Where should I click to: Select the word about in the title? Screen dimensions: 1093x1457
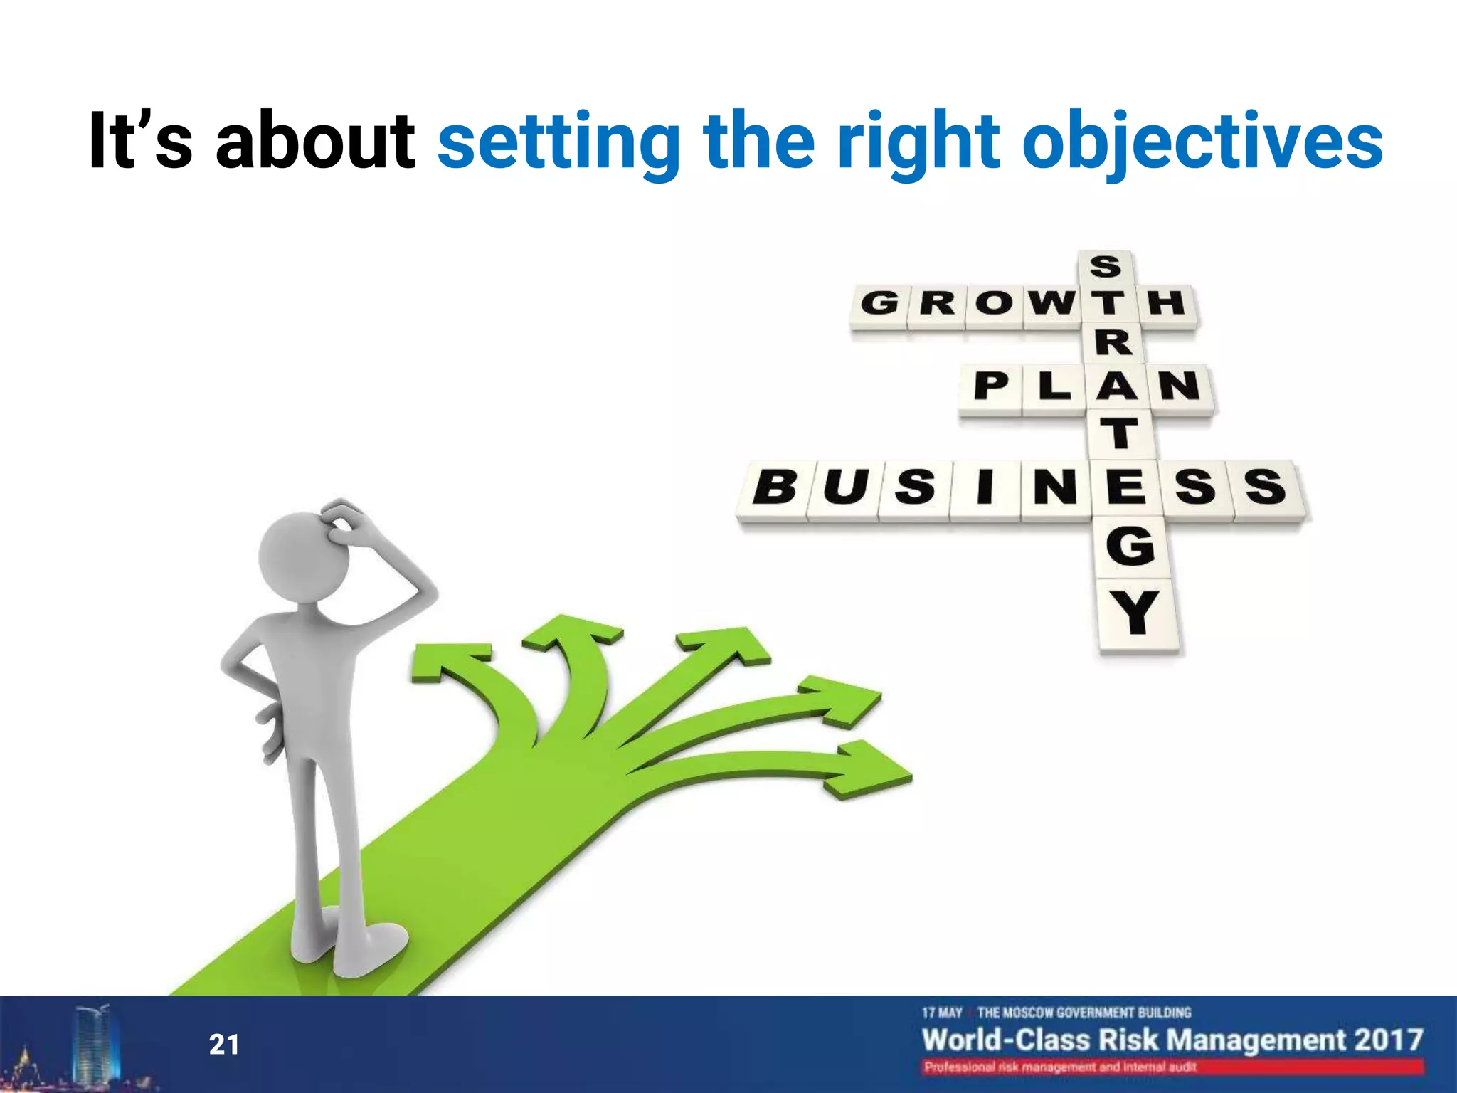click(315, 141)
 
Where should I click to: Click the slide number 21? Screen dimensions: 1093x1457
click(224, 1045)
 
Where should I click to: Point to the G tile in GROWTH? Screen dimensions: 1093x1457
click(879, 305)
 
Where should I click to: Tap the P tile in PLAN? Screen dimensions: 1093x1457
click(991, 387)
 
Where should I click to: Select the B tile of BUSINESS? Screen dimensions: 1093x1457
click(774, 489)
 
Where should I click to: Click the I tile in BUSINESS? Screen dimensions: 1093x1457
click(985, 488)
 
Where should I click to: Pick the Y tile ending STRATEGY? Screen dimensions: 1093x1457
click(1136, 613)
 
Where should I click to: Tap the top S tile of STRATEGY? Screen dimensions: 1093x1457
click(1105, 268)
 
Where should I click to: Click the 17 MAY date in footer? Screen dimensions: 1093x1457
click(942, 1013)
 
